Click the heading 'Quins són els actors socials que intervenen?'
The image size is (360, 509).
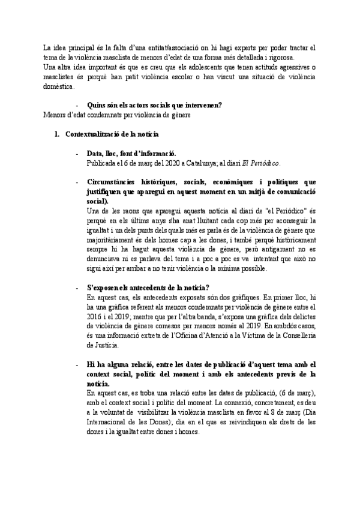pyautogui.click(x=154, y=104)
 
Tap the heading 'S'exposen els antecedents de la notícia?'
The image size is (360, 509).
pyautogui.click(x=148, y=288)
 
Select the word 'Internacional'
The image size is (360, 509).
pyautogui.click(x=109, y=422)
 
